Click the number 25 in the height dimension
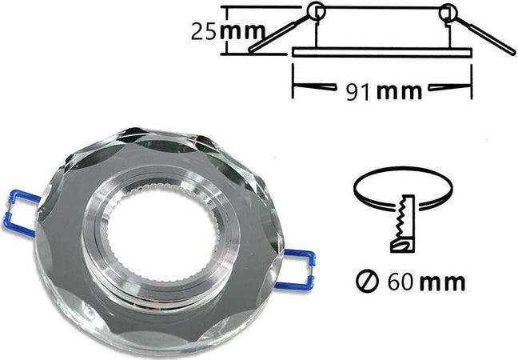[204, 31]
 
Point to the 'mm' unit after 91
[398, 90]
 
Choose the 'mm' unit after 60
[443, 282]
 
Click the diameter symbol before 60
[365, 282]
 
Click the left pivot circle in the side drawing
[316, 11]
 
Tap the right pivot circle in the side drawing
[448, 12]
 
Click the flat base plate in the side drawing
[383, 52]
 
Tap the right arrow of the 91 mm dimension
[448, 86]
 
